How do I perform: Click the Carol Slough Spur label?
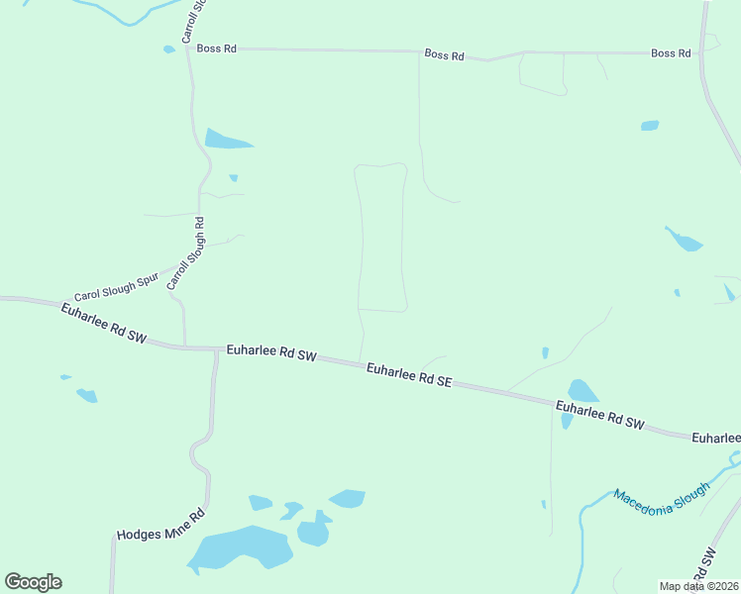pyautogui.click(x=116, y=289)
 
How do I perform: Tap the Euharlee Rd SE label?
pyautogui.click(x=408, y=373)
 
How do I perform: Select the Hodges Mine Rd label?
pyautogui.click(x=159, y=525)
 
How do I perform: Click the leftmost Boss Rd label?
pyautogui.click(x=216, y=48)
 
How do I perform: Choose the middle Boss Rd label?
pyautogui.click(x=444, y=55)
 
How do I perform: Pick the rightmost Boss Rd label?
pyautogui.click(x=671, y=53)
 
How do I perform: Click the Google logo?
pyautogui.click(x=34, y=581)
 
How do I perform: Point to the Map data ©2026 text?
pyautogui.click(x=699, y=586)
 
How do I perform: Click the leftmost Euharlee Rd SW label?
pyautogui.click(x=103, y=324)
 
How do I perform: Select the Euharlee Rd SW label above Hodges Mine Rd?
pyautogui.click(x=270, y=352)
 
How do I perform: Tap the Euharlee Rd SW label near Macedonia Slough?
pyautogui.click(x=599, y=415)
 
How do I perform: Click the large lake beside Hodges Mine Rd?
pyautogui.click(x=239, y=550)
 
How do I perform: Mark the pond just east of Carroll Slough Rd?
pyautogui.click(x=226, y=140)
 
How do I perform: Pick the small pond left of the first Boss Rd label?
pyautogui.click(x=169, y=49)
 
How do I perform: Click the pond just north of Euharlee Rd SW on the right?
pyautogui.click(x=582, y=391)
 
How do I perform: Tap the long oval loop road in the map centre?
pyautogui.click(x=381, y=238)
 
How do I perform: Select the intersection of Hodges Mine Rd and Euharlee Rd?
pyautogui.click(x=216, y=349)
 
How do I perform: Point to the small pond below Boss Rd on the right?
pyautogui.click(x=650, y=126)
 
